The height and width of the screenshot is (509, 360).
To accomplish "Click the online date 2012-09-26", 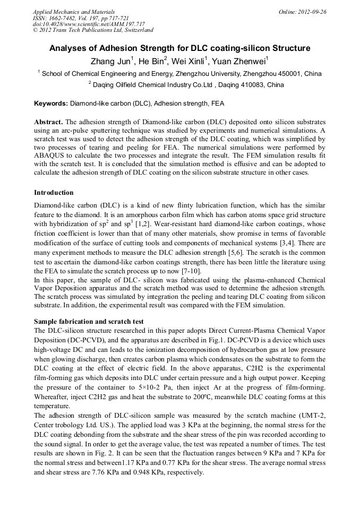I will click(312, 11).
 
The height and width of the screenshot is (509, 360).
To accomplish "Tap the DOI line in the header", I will click(89, 24).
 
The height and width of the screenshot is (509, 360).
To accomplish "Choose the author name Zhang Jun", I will click(110, 60).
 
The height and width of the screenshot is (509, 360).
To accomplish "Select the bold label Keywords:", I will click(51, 103).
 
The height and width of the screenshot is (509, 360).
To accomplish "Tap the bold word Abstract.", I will click(48, 122).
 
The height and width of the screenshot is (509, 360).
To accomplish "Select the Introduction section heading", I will click(54, 192).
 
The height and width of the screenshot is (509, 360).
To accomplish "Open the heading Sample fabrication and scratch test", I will click(89, 321).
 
